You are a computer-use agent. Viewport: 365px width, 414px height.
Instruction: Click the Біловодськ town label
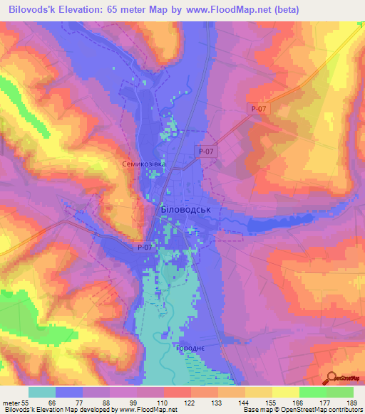(183, 211)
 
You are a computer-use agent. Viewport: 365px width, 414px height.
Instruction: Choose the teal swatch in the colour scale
(42, 392)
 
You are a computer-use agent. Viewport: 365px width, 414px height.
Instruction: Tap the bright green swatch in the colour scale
(312, 392)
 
